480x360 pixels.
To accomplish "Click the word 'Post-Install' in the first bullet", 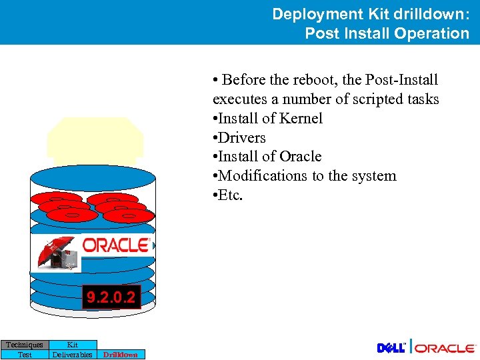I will point(401,80).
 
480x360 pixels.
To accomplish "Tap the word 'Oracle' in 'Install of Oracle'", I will point(300,157).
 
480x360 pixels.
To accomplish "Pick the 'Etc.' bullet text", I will point(231,195).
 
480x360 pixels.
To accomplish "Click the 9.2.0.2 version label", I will point(111,297).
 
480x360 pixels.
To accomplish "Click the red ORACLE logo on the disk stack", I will point(115,245).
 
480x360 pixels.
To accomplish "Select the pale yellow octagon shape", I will point(95,140).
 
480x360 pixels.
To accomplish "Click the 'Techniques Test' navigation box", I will point(25,349).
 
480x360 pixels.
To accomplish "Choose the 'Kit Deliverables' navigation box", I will point(73,349).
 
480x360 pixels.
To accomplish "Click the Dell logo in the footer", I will point(391,348).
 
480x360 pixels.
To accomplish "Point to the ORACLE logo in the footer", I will point(446,348).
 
